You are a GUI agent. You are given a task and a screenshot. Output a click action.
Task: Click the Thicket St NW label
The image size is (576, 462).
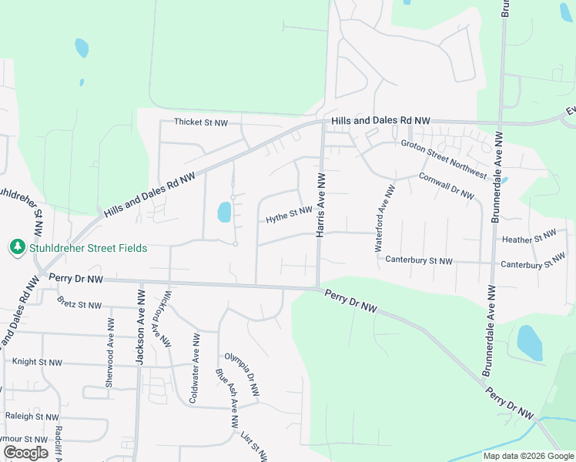tap(201, 122)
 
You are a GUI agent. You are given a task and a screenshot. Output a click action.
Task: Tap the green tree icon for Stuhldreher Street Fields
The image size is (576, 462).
tap(16, 247)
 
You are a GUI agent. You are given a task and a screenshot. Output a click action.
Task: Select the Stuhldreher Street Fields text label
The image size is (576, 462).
tap(87, 248)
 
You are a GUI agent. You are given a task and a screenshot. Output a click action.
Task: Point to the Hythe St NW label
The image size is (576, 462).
tap(289, 215)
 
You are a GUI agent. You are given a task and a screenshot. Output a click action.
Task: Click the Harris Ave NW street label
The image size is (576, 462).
tap(322, 205)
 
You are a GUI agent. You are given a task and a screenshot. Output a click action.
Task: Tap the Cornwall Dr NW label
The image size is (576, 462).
tap(446, 186)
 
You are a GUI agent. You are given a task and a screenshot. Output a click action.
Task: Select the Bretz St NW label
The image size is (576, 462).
tap(79, 305)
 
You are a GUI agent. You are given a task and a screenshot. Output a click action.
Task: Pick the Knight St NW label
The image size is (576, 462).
tap(37, 361)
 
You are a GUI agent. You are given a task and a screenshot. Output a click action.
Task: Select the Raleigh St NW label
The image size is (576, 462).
tap(32, 416)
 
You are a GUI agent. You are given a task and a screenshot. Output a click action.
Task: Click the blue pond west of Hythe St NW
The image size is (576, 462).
tap(224, 212)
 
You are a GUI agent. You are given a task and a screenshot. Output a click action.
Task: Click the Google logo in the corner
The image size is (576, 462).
tap(25, 452)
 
